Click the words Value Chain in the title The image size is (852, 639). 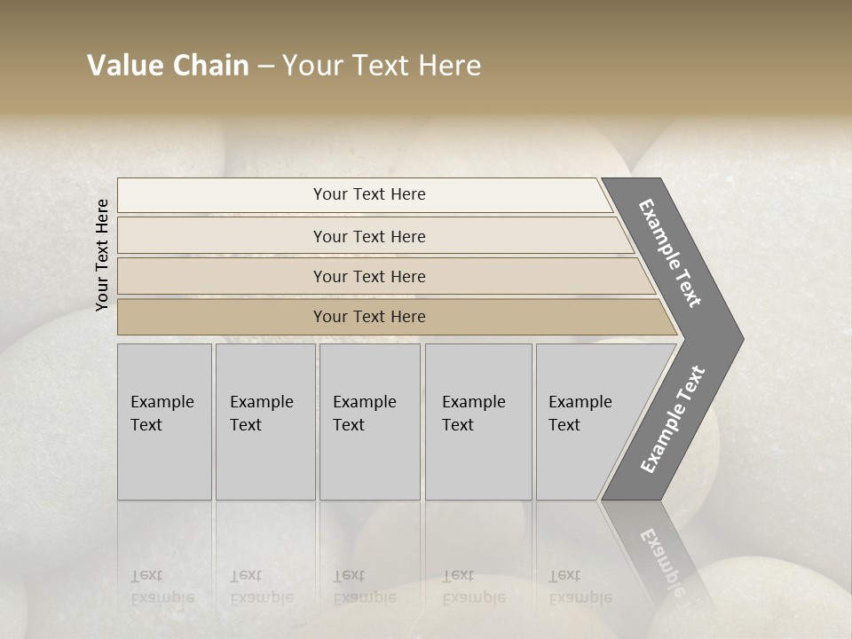168,66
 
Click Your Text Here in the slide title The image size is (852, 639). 382,66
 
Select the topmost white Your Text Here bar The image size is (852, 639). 369,194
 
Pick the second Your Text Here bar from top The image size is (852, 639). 369,236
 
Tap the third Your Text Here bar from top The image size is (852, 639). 369,276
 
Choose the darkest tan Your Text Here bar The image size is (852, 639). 369,317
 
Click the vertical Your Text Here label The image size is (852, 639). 103,256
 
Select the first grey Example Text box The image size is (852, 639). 164,422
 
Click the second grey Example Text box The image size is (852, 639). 264,422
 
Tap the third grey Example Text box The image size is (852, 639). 369,422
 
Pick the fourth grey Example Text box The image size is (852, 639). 477,422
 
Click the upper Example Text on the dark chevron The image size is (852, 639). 671,253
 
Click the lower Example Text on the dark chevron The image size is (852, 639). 673,420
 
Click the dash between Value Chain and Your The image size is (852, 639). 265,67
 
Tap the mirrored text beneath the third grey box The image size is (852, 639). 364,587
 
